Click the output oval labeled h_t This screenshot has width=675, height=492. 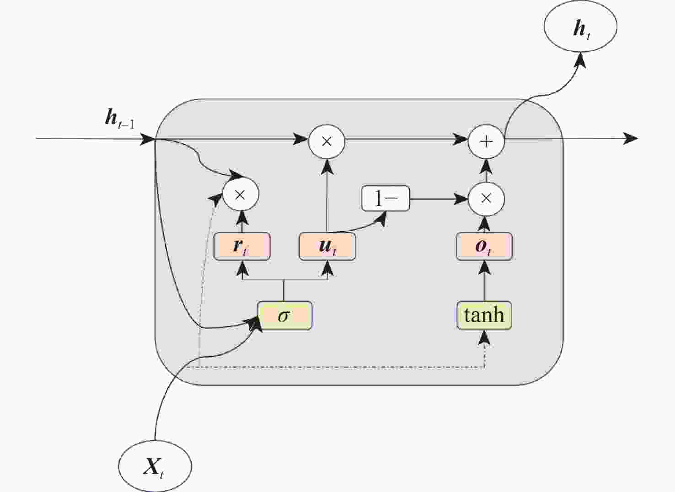[580, 27]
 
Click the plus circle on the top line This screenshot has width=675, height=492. [486, 141]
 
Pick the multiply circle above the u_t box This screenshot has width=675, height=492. [327, 141]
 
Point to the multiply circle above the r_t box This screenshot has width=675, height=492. [241, 195]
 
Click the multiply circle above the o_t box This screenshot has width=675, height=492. [486, 199]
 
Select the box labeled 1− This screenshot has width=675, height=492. [385, 199]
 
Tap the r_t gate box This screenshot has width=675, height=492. [242, 247]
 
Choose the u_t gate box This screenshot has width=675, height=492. [327, 247]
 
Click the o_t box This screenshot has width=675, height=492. [484, 247]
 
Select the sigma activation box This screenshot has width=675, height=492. [284, 316]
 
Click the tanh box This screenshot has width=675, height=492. [484, 316]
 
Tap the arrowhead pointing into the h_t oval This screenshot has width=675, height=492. [581, 59]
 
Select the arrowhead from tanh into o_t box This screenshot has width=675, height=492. [485, 267]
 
